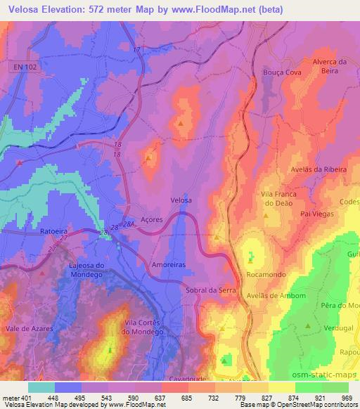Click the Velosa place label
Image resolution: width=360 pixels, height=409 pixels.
pos(181,200)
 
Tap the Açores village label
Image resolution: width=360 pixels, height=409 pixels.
pos(151,219)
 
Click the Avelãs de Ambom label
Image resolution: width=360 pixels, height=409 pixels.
pos(276,296)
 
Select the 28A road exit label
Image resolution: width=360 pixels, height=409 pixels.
pos(127,224)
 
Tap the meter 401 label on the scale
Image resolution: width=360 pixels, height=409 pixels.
pos(15,398)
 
